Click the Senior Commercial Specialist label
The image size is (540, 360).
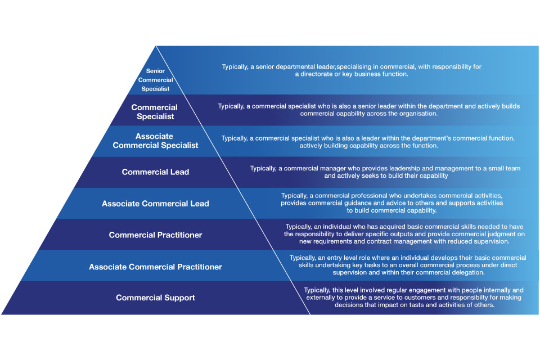click(155, 80)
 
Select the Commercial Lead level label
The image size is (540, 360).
click(155, 172)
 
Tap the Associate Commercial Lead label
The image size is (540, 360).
click(155, 204)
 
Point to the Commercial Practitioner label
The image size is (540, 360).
click(155, 235)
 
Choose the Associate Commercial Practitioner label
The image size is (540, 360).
click(155, 267)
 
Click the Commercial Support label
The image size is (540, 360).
click(155, 298)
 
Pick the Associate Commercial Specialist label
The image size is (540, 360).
click(155, 141)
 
